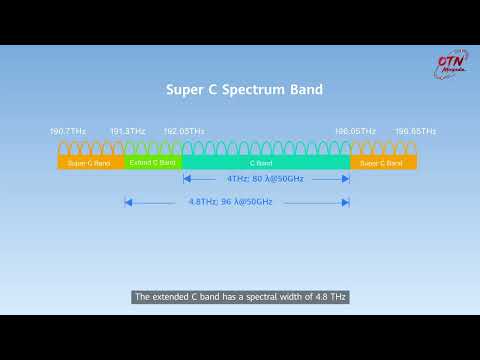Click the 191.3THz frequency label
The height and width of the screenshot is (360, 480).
tap(127, 131)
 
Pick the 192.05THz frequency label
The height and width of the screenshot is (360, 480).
tap(184, 131)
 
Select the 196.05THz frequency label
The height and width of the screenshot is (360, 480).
tap(355, 131)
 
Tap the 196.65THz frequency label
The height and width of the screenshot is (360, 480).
tap(415, 131)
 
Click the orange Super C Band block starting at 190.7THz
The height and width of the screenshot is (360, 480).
tap(90, 162)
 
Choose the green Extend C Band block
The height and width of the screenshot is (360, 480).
tap(153, 161)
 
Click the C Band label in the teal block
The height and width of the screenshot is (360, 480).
tap(265, 161)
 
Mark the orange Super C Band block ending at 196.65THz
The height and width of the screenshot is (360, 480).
tap(383, 162)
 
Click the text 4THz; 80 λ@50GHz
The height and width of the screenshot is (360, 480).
tap(265, 179)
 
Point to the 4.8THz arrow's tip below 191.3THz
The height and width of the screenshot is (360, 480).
tap(126, 201)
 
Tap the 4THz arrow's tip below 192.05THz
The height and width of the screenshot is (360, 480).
tap(184, 179)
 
